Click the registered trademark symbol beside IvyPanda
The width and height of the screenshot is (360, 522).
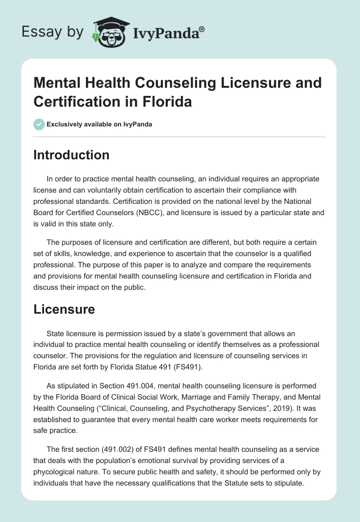(202, 30)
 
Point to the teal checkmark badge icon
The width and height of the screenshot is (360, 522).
(39, 124)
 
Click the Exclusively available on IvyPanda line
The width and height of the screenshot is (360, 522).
(99, 124)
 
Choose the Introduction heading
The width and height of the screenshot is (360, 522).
(71, 155)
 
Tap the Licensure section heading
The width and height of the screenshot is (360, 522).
(64, 309)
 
